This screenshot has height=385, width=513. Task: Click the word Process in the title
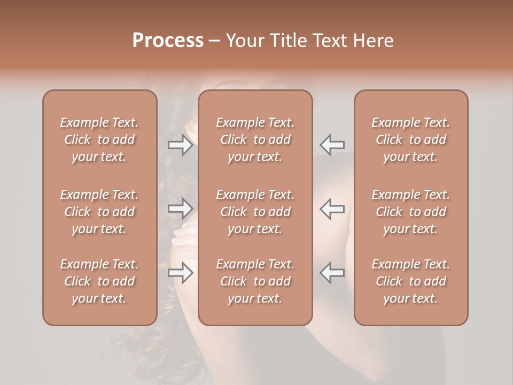[168, 41]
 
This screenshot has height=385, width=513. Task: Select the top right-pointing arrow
[180, 145]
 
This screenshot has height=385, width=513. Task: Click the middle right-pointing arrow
[180, 209]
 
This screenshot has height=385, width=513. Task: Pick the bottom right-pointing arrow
[180, 273]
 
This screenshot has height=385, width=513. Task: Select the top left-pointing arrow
[332, 145]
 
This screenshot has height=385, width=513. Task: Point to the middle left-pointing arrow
[332, 209]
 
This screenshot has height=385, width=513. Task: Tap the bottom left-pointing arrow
[332, 273]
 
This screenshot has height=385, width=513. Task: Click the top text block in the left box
[99, 140]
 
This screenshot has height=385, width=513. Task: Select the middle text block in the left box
[99, 212]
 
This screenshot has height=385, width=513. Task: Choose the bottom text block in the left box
[99, 281]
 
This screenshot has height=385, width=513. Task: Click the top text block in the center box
[255, 140]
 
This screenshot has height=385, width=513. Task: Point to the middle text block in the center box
[255, 212]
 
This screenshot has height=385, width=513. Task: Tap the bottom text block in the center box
[255, 281]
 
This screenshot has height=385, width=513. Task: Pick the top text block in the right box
[411, 140]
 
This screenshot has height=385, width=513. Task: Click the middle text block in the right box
[411, 212]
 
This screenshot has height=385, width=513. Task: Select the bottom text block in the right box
[411, 281]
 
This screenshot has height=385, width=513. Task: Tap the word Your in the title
[244, 41]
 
